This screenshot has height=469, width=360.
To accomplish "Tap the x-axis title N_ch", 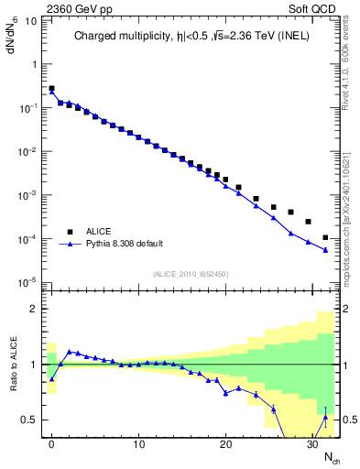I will [329, 457].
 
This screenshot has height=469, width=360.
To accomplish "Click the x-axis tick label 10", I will [138, 445].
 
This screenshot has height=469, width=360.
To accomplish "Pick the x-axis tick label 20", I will [225, 445].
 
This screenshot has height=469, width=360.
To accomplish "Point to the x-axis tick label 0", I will [51, 445].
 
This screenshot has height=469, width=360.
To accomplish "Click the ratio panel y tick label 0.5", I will [30, 420].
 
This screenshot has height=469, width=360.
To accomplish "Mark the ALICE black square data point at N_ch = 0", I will [51, 89].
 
